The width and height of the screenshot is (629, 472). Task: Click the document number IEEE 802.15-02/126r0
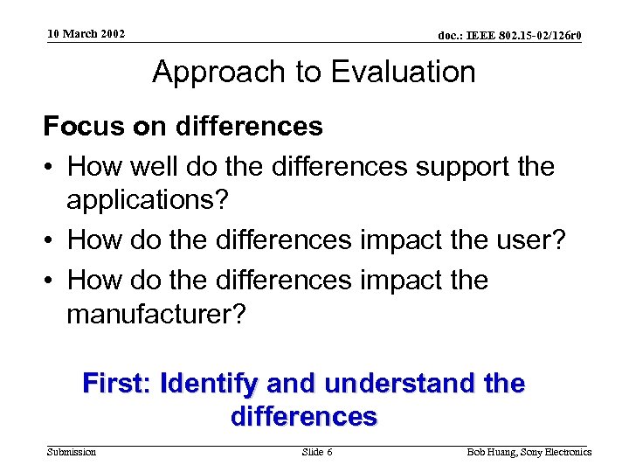click(x=510, y=36)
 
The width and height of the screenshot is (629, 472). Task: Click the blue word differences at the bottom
click(x=304, y=416)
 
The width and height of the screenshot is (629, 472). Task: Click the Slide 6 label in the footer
click(x=316, y=452)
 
